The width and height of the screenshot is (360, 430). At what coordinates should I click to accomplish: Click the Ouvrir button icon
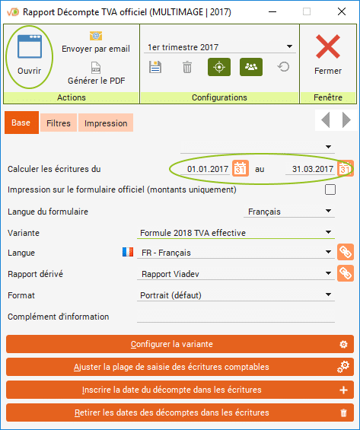(x=30, y=46)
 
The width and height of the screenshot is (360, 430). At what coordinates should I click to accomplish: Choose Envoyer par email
(x=96, y=49)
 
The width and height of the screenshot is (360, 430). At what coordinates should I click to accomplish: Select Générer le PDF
(x=96, y=81)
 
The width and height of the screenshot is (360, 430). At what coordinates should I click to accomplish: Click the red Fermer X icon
(x=327, y=46)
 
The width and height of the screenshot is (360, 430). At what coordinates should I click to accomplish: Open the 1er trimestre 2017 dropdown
(x=220, y=47)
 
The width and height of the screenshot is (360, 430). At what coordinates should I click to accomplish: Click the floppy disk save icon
(x=155, y=67)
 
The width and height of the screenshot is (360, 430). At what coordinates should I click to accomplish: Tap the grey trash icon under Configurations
(x=187, y=67)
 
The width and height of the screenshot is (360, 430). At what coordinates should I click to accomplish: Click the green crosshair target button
(x=219, y=67)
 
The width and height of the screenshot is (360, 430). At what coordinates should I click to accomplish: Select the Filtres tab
(x=59, y=123)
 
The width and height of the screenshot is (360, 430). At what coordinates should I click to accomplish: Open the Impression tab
(x=106, y=123)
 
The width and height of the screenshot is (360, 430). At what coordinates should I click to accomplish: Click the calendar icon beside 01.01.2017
(x=241, y=168)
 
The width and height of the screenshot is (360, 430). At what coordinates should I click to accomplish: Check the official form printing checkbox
(x=330, y=190)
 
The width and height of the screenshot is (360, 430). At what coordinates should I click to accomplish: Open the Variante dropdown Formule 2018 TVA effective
(x=236, y=233)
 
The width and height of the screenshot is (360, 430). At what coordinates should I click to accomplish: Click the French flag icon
(x=128, y=252)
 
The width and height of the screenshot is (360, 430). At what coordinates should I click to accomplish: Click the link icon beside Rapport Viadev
(x=346, y=273)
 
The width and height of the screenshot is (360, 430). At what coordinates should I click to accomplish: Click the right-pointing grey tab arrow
(x=346, y=119)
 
